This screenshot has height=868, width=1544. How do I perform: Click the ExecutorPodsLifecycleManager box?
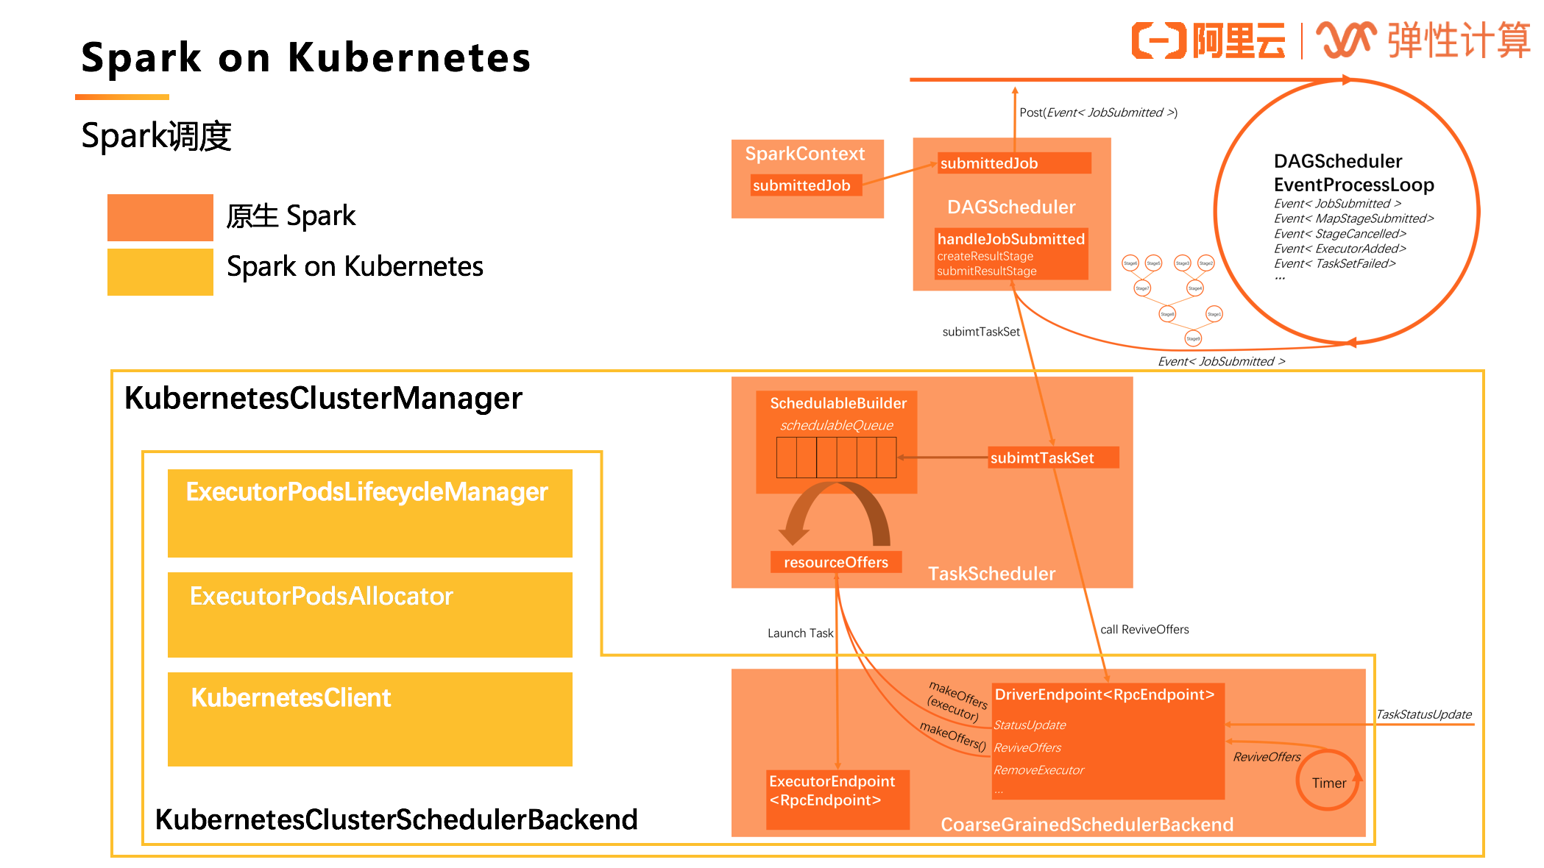click(369, 513)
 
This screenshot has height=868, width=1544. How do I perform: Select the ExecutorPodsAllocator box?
click(369, 614)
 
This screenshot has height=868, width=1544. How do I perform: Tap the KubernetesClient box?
click(369, 719)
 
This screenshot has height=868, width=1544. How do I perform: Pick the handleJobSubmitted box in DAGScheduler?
click(1011, 254)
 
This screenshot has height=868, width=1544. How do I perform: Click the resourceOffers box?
click(835, 562)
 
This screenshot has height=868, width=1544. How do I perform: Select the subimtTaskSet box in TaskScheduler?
click(1052, 458)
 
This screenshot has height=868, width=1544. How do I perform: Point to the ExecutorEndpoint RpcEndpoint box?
click(837, 799)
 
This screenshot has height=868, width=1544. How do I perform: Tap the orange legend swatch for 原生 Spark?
click(160, 218)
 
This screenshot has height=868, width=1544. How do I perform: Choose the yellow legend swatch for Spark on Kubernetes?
click(160, 272)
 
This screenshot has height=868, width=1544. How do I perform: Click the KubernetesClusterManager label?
click(323, 399)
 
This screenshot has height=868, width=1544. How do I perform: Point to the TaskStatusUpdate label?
click(1423, 714)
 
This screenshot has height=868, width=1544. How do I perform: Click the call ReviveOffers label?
click(1144, 630)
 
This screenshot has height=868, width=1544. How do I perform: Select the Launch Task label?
click(800, 633)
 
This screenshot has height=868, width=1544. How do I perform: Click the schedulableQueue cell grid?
click(836, 458)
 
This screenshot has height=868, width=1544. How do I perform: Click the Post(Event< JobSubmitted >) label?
click(1098, 113)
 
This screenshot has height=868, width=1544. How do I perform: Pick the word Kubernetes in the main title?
click(409, 58)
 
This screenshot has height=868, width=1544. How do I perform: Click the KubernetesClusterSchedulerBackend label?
click(396, 819)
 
